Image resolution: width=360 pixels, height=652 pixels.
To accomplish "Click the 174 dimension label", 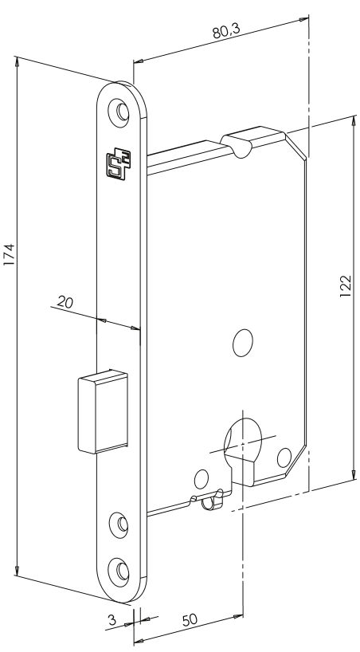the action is coord(9,254).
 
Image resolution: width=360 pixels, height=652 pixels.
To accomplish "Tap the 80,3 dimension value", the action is coord(226,31).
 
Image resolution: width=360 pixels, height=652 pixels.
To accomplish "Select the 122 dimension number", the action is coord(346,286).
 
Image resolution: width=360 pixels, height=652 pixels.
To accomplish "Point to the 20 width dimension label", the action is coord(65,302).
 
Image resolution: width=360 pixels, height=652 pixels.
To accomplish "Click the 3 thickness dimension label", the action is coord(112,620).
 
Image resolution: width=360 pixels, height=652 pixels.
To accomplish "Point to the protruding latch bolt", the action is coord(103,411).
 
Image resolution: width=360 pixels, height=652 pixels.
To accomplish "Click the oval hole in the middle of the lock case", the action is coord(243,343).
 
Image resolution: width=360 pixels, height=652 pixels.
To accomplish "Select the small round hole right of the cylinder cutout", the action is coord(284,458).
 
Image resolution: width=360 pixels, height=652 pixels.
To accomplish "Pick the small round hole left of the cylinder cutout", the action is coord(202,480).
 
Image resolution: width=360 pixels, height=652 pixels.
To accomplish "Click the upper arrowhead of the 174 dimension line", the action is coord(17,61).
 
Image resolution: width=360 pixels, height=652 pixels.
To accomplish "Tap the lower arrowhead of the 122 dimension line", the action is coord(354,474).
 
